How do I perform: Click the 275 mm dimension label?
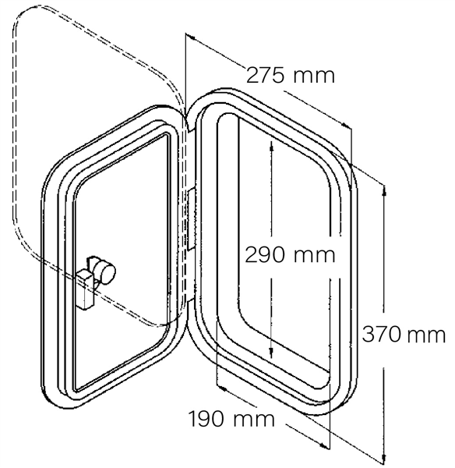[x=291, y=76]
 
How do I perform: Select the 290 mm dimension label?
[x=290, y=255]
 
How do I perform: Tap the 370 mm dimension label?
[x=404, y=335]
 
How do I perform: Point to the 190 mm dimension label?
[x=231, y=419]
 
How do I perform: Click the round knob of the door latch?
[x=105, y=271]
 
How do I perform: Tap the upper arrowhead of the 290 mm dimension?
[x=271, y=147]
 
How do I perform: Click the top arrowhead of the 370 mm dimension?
[x=384, y=191]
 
